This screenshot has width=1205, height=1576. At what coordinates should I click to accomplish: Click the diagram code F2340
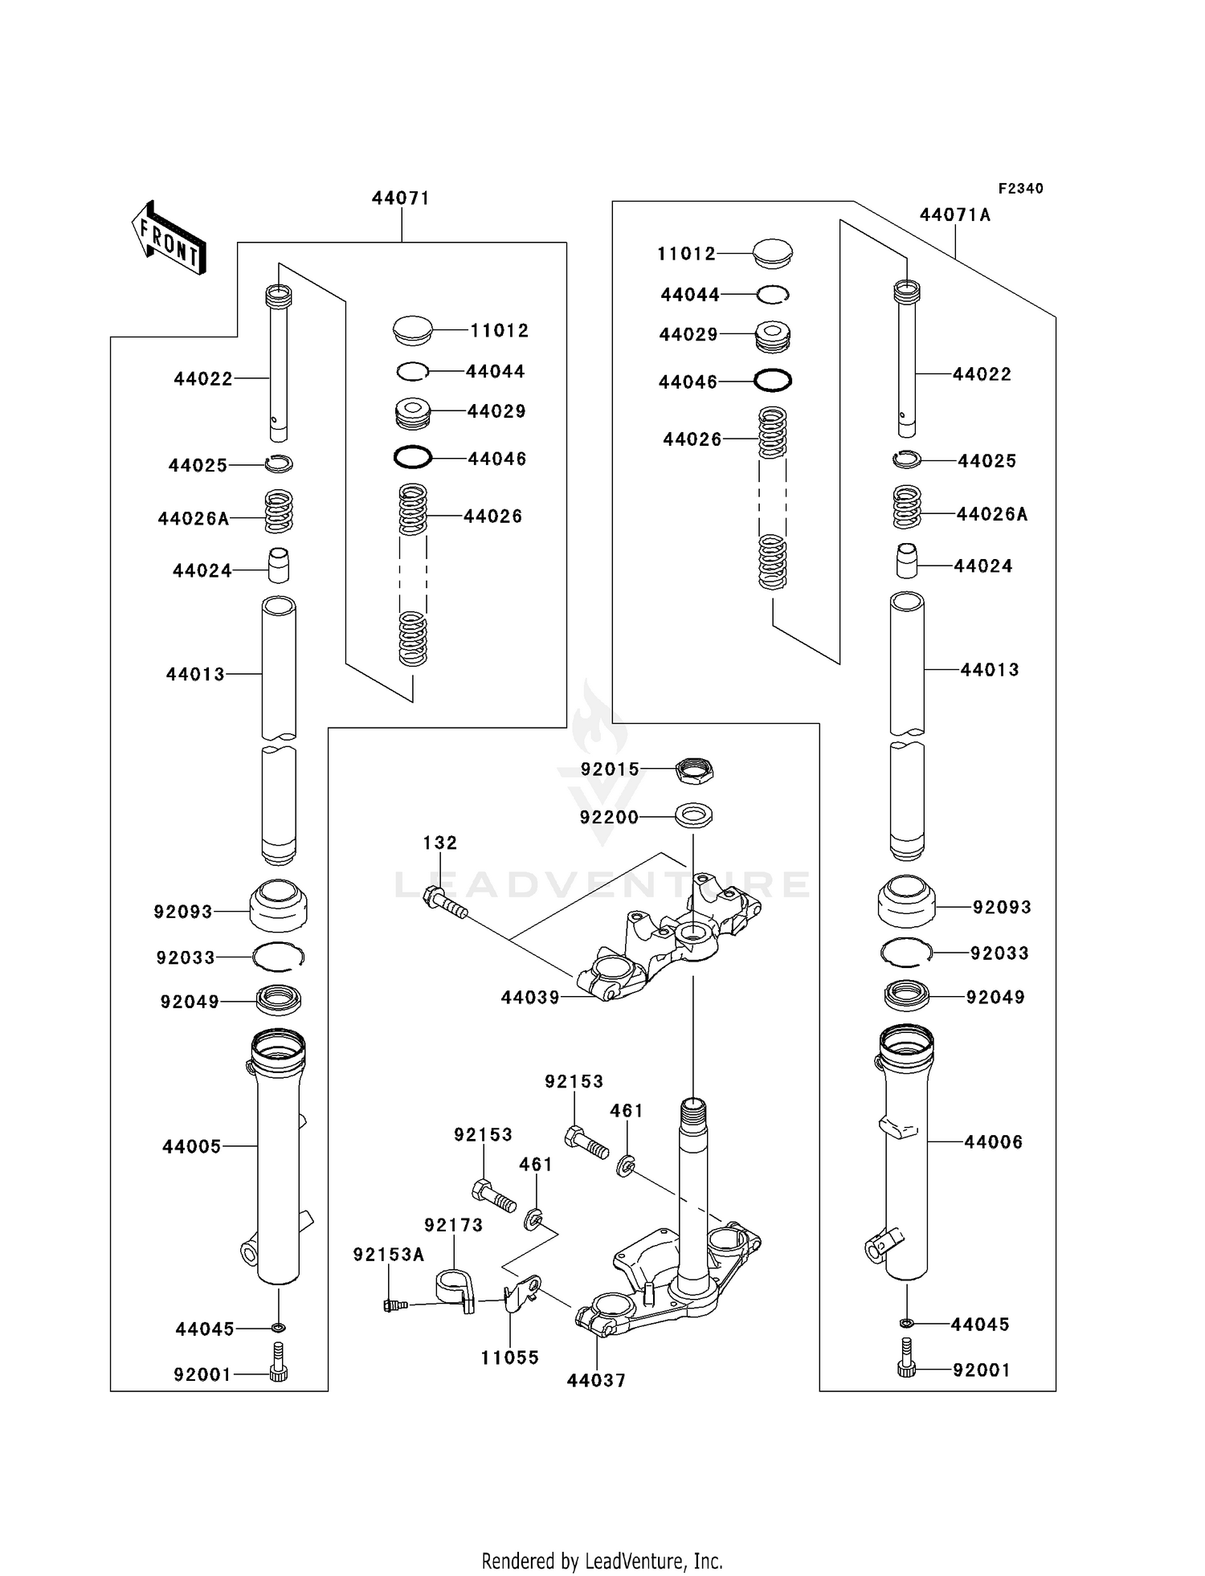pyautogui.click(x=1020, y=188)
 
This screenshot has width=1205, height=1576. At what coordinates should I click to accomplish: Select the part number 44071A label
pyautogui.click(x=954, y=214)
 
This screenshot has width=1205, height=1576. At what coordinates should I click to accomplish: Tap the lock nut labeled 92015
pyautogui.click(x=694, y=770)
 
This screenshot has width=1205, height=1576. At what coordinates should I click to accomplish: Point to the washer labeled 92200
pyautogui.click(x=693, y=816)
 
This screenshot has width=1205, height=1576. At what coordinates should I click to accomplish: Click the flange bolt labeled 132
pyautogui.click(x=444, y=902)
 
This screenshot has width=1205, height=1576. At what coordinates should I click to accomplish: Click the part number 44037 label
pyautogui.click(x=595, y=1380)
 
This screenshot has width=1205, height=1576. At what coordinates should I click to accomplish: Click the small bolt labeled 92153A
pyautogui.click(x=394, y=1305)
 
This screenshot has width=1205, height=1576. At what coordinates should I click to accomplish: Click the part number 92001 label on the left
pyautogui.click(x=202, y=1374)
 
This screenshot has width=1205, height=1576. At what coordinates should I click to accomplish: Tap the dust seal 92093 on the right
pyautogui.click(x=906, y=902)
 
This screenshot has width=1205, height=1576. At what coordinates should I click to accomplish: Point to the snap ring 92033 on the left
pyautogui.click(x=278, y=956)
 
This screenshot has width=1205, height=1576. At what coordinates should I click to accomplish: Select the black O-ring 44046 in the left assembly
pyautogui.click(x=413, y=458)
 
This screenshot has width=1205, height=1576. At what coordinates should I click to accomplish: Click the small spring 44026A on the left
pyautogui.click(x=279, y=512)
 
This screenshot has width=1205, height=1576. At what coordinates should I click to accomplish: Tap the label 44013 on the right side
pyautogui.click(x=989, y=669)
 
